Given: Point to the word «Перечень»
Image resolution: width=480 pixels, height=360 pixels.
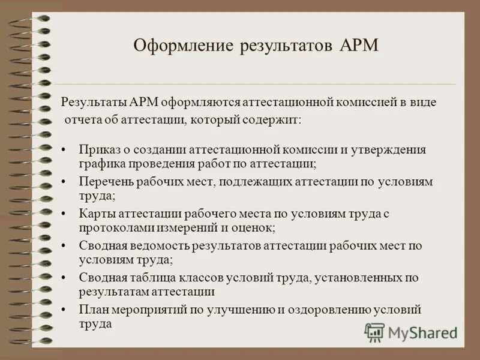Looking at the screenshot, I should pos(103,181).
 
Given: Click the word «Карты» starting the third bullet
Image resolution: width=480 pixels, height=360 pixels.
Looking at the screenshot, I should pos(95,214).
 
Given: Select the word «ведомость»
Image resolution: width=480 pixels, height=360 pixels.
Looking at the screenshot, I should pos(149,246).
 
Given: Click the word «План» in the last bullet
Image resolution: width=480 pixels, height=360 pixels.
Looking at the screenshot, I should pos(92,310).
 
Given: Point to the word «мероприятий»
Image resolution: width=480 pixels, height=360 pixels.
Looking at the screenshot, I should pos(146,310).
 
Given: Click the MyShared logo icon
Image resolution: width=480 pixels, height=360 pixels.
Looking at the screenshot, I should pos(374,332).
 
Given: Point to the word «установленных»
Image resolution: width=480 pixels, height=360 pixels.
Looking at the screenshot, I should pos(359,278).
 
